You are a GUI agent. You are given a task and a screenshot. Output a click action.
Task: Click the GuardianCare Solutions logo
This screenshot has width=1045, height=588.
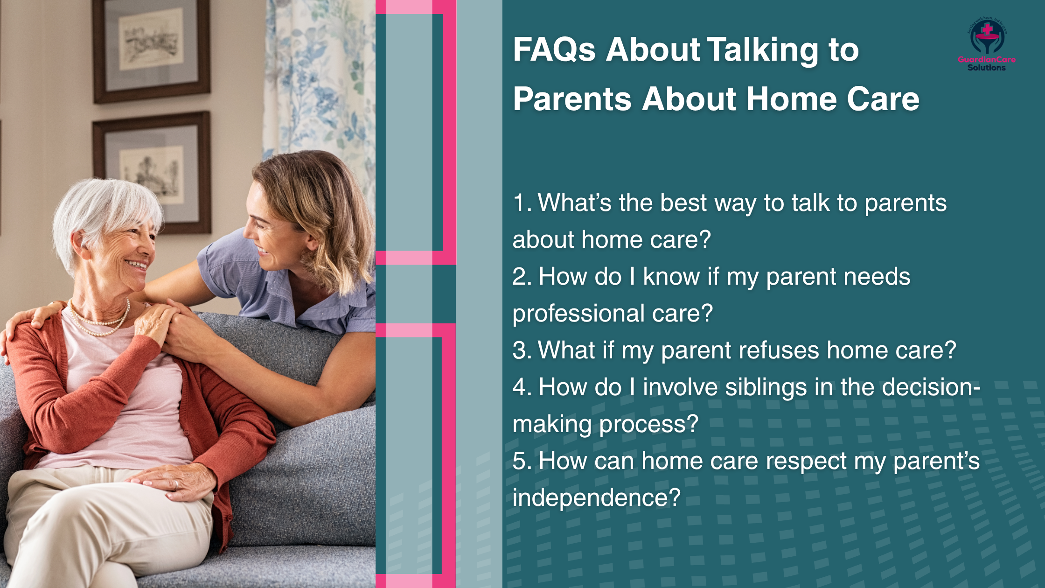986,45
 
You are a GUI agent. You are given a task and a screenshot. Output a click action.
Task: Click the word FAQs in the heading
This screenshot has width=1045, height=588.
554,49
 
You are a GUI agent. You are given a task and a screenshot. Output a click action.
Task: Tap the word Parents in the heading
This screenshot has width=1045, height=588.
572,99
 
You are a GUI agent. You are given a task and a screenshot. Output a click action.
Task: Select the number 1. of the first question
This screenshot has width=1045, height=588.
522,203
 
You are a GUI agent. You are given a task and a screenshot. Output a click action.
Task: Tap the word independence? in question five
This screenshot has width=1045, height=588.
596,497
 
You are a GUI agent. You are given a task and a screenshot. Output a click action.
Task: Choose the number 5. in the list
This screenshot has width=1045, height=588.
522,461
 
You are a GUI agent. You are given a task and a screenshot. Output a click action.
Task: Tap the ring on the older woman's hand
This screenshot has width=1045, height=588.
176,485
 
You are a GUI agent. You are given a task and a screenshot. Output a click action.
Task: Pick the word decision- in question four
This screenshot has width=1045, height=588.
931,387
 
